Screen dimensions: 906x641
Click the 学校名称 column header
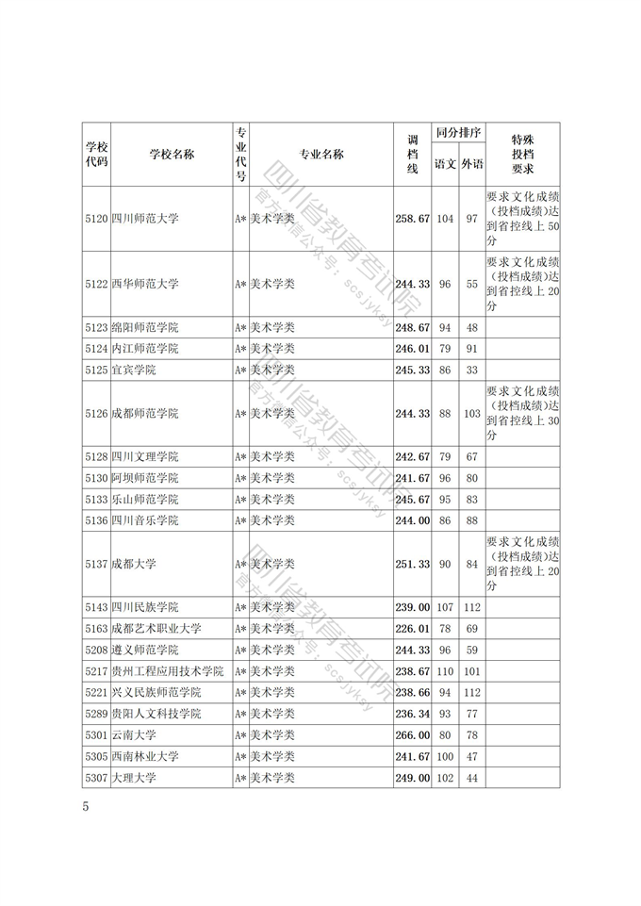[172, 155]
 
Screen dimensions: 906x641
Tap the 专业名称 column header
[320, 155]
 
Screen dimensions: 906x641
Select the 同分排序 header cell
[458, 133]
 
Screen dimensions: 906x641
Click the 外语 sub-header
[472, 164]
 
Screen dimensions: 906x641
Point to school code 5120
[96, 219]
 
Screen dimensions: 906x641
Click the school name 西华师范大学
[144, 284]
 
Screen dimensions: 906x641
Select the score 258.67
[412, 219]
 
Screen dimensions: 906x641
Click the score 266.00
[412, 735]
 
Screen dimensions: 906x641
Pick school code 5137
[96, 564]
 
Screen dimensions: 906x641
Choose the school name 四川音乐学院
[144, 520]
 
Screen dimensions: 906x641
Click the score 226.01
[412, 628]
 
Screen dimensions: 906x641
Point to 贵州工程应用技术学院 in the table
[167, 671]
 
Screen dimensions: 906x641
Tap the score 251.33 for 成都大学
[412, 564]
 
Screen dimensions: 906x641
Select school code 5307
[96, 779]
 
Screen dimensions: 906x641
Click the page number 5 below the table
[86, 807]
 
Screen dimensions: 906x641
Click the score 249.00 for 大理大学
[412, 779]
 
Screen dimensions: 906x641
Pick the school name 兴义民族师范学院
[156, 693]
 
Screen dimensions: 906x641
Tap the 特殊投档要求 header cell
[523, 154]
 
